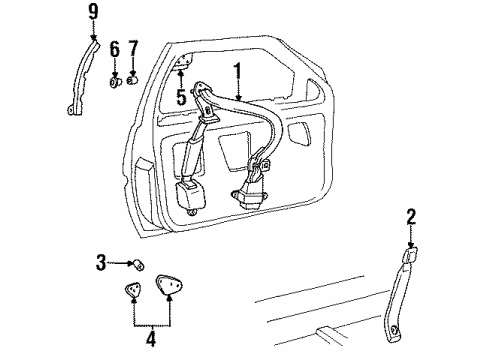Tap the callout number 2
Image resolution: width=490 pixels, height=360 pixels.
click(410, 217)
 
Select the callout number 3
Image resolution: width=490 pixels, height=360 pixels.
click(100, 263)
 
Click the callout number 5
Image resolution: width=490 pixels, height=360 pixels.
click(180, 98)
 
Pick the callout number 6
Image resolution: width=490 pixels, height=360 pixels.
click(115, 48)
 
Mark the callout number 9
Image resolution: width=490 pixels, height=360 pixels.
click(93, 13)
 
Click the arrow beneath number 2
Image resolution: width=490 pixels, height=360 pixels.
click(410, 240)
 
